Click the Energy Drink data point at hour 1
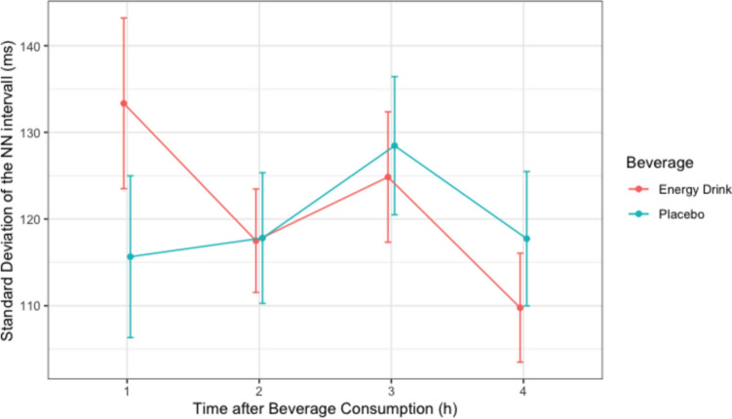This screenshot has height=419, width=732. [x=124, y=103]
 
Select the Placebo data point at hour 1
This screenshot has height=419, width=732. [x=131, y=256]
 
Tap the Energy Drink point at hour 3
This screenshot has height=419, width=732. [x=388, y=177]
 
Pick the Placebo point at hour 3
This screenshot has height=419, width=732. [x=395, y=145]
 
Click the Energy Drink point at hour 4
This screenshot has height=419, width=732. [x=520, y=308]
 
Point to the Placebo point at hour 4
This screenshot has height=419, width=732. [x=526, y=239]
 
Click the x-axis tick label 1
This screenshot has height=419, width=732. [x=127, y=391]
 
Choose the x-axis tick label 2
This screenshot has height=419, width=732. [x=258, y=391]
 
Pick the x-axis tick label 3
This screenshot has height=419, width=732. [x=391, y=391]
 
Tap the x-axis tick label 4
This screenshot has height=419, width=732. [x=522, y=391]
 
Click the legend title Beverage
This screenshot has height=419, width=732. [x=660, y=163]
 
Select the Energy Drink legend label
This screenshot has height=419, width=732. [x=695, y=189]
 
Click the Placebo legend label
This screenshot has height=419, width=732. [x=681, y=214]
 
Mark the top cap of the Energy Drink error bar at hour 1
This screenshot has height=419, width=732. [x=124, y=18]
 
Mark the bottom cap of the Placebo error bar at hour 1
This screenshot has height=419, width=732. [x=131, y=337]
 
